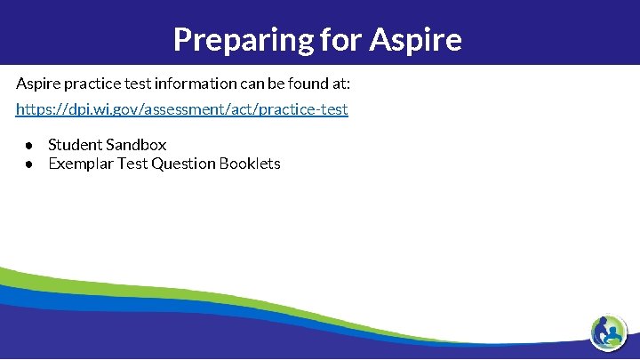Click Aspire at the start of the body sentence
pos(36,84)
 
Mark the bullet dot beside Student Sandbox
pos(29,145)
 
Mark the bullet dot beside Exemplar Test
pos(29,164)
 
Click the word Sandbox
pos(136,145)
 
